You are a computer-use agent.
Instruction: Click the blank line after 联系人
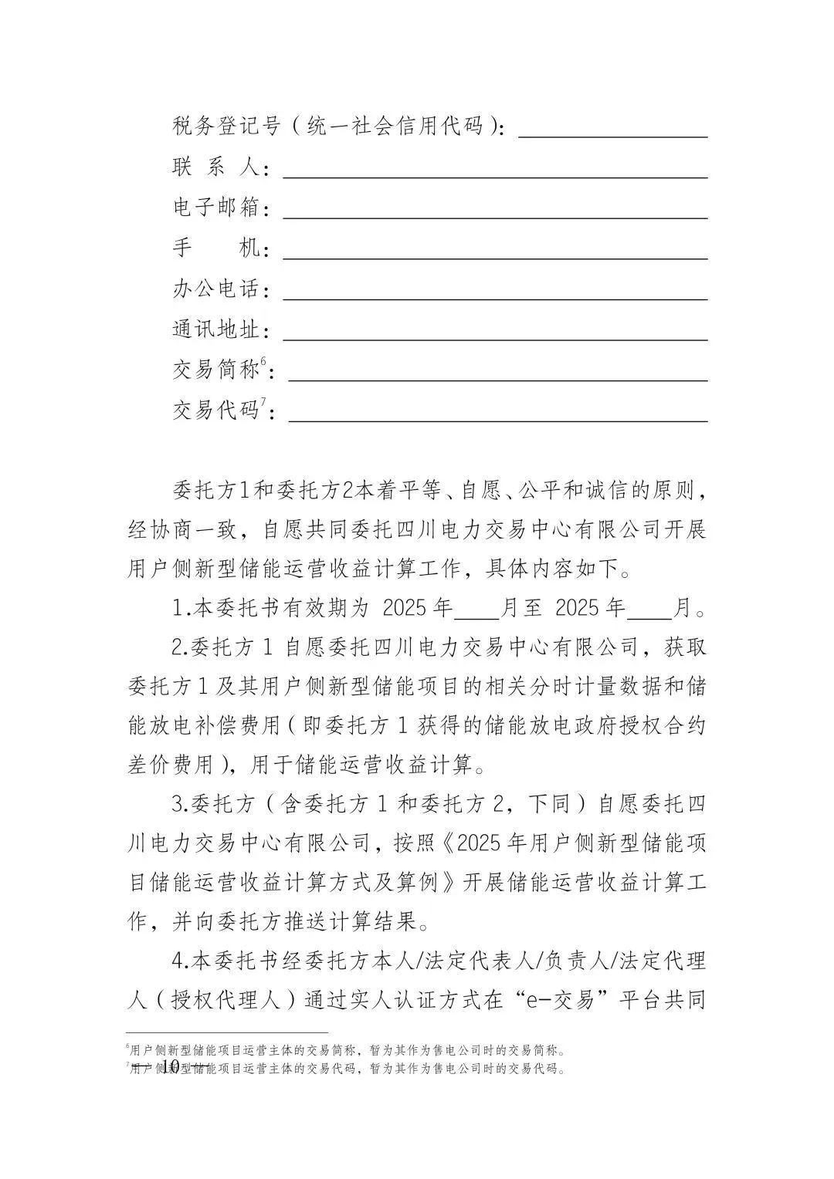(x=495, y=176)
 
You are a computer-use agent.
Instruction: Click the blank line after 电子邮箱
(x=495, y=217)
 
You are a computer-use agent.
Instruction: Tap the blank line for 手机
(x=495, y=258)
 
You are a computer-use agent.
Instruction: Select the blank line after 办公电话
(x=495, y=298)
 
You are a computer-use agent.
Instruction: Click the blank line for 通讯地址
(x=495, y=339)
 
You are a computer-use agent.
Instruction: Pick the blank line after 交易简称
(x=497, y=380)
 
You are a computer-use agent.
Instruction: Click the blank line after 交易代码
(x=497, y=421)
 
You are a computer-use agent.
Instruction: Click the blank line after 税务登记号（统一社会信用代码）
(x=612, y=136)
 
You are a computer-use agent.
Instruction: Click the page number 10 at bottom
(x=171, y=1066)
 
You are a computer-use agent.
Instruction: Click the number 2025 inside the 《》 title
(x=480, y=843)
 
